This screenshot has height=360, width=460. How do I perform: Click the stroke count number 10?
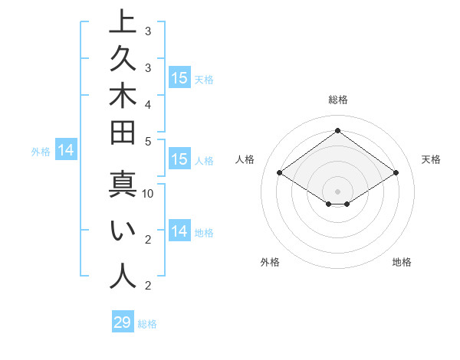(x=148, y=194)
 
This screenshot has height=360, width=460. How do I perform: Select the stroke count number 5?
(x=148, y=141)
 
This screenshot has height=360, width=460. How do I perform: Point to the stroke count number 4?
(x=148, y=104)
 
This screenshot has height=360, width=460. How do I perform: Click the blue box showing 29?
(x=123, y=322)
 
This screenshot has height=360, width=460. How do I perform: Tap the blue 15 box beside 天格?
(x=179, y=77)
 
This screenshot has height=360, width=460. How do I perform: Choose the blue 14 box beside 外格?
(x=66, y=150)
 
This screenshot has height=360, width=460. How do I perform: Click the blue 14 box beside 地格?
(x=179, y=231)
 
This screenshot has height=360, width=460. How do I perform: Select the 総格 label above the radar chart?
(x=338, y=100)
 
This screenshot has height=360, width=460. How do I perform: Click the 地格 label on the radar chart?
(x=402, y=262)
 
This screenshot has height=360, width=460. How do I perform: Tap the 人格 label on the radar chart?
(x=245, y=159)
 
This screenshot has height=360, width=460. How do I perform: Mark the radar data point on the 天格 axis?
(x=396, y=173)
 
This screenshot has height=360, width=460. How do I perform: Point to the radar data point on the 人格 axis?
(x=280, y=173)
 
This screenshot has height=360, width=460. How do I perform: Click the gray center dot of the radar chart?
(x=337, y=191)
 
